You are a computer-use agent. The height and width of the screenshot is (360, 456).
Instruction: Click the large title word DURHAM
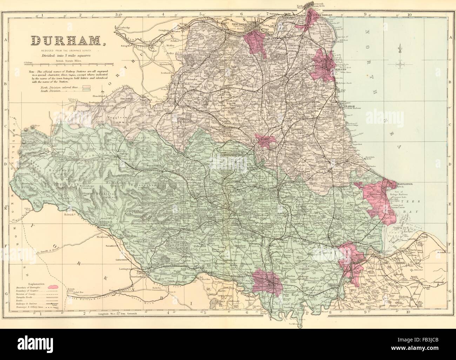66,42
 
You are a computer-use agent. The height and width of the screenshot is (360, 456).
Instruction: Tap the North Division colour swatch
86,86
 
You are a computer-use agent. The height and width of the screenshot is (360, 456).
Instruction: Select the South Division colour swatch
86,90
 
